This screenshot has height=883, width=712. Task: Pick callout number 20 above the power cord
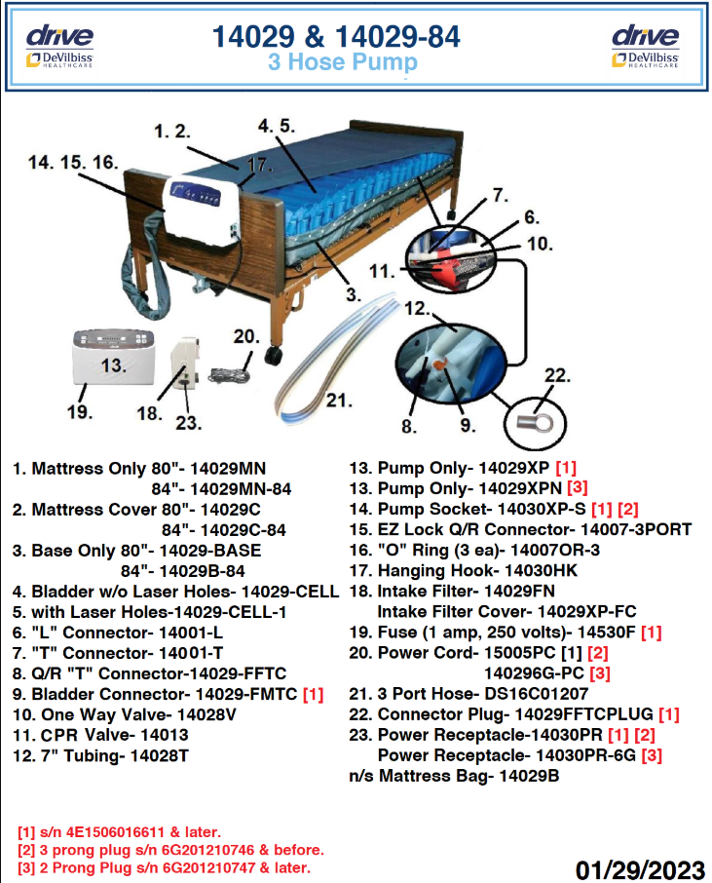click(x=245, y=336)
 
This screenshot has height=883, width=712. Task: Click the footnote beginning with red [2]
click(x=170, y=850)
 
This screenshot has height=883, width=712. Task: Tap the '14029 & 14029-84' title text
click(x=336, y=37)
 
